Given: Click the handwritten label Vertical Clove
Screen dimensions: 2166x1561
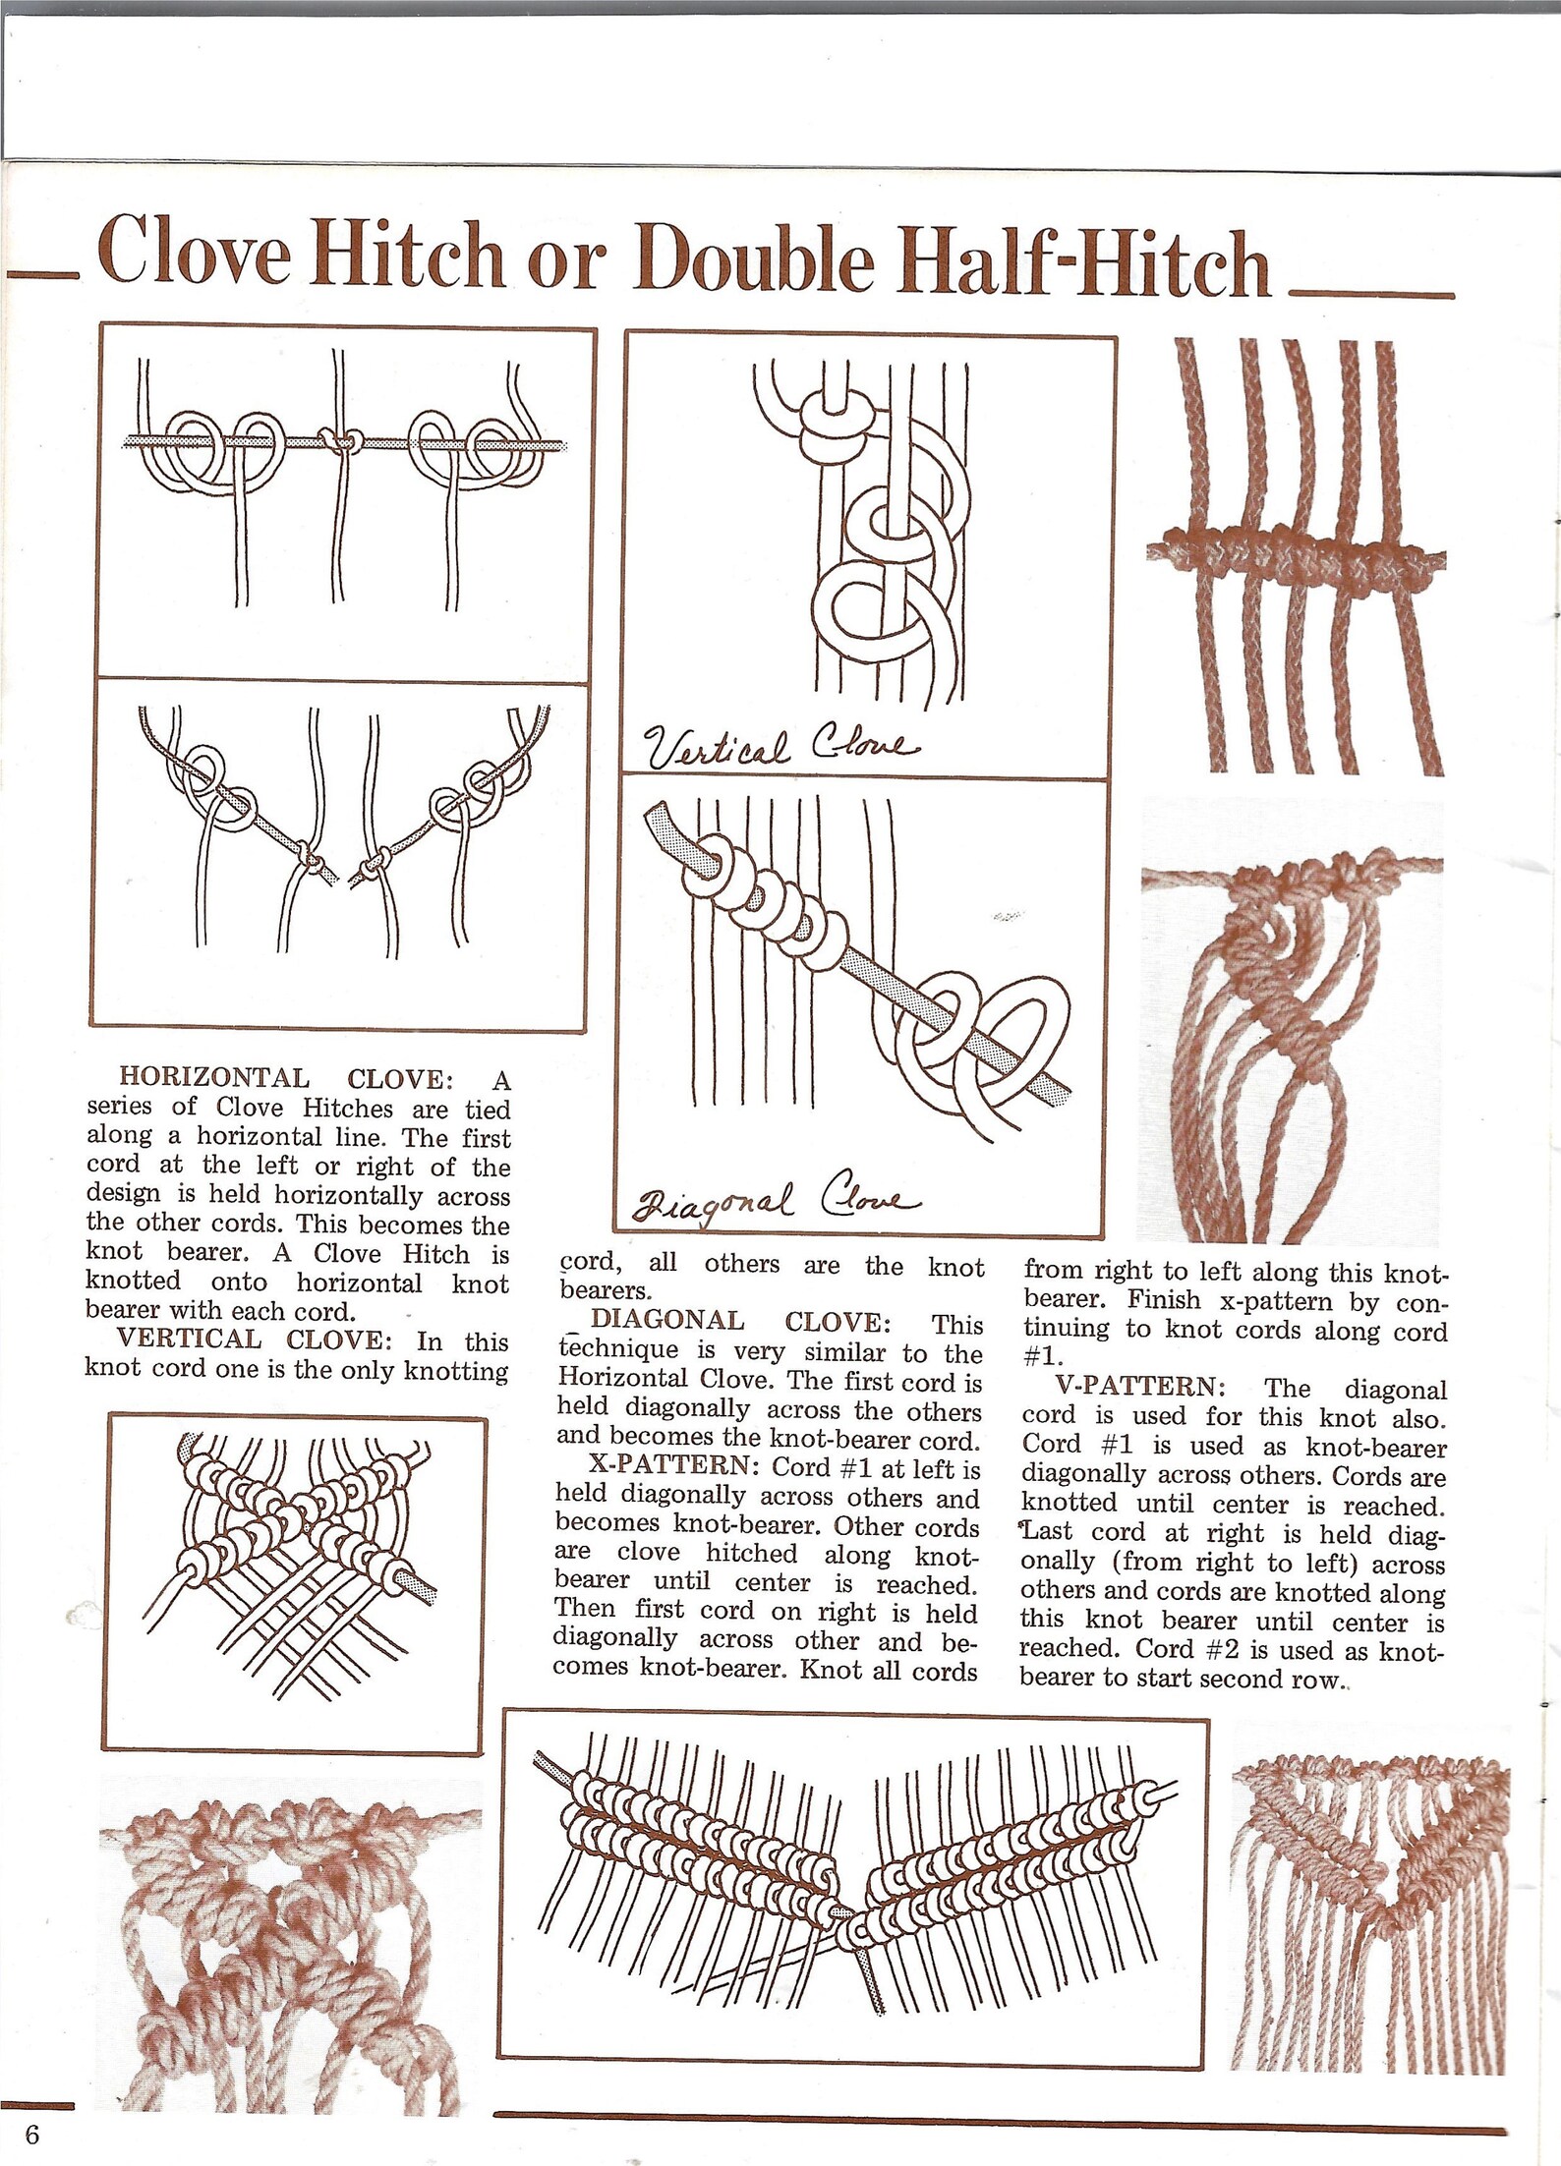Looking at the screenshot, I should tap(781, 749).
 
